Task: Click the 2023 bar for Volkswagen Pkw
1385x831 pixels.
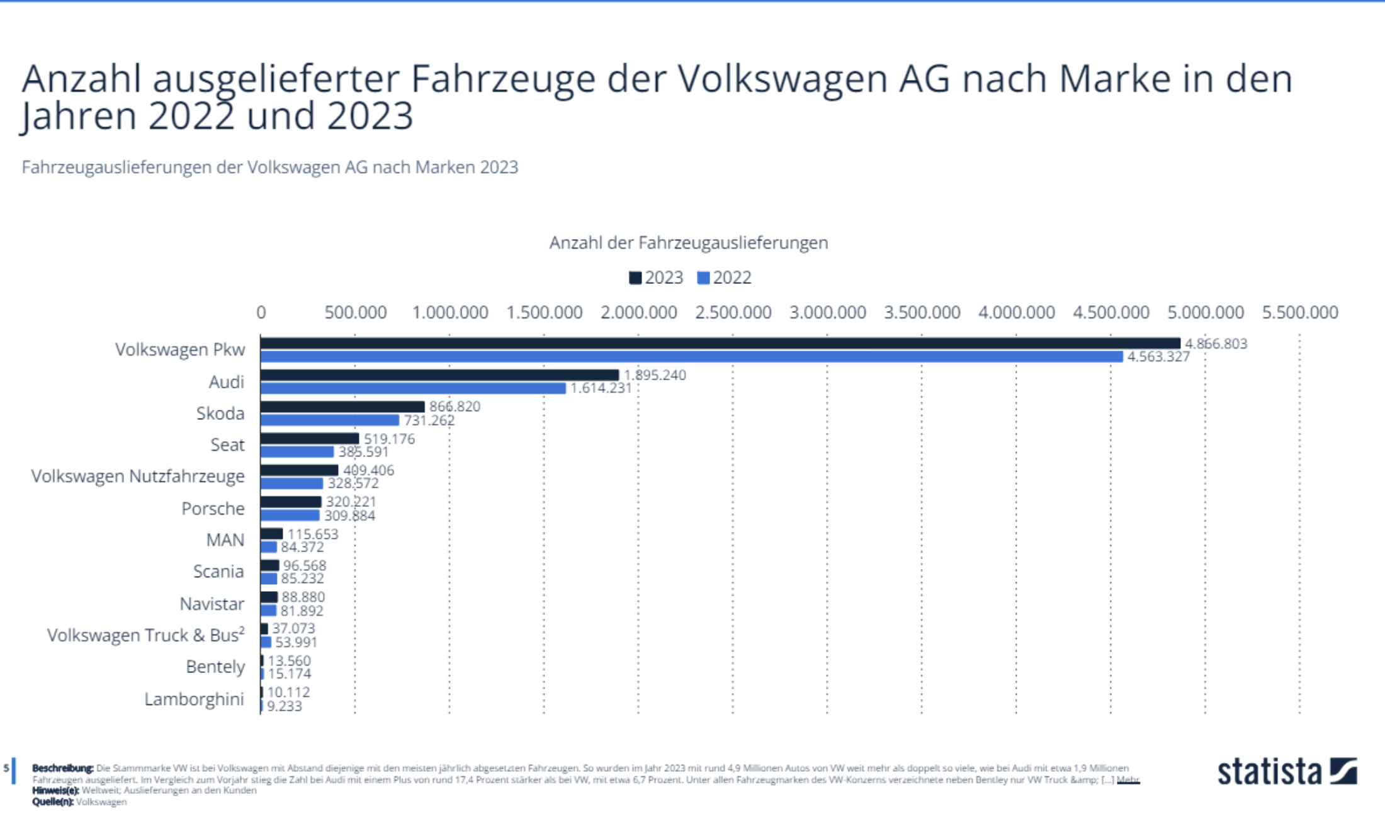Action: click(x=720, y=343)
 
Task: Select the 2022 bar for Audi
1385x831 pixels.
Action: click(x=413, y=388)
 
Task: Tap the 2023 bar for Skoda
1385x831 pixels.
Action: click(x=342, y=407)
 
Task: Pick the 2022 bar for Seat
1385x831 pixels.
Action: click(x=297, y=452)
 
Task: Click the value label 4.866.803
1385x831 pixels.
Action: click(x=1216, y=344)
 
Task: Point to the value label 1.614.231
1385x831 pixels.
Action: click(x=601, y=388)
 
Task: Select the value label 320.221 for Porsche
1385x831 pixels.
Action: click(x=351, y=502)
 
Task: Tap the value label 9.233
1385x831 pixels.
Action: click(x=285, y=706)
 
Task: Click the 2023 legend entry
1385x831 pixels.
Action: click(x=656, y=278)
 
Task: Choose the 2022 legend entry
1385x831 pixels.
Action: click(x=725, y=278)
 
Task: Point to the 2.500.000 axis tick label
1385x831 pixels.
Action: click(x=733, y=312)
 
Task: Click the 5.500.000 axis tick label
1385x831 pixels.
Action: click(x=1299, y=312)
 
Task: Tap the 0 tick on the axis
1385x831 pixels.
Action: click(x=261, y=312)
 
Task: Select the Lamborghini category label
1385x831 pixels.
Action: click(x=194, y=699)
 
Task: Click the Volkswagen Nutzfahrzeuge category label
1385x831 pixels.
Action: click(x=138, y=476)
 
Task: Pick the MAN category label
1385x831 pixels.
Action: click(x=225, y=540)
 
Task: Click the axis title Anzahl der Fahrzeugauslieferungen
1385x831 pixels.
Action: click(x=688, y=243)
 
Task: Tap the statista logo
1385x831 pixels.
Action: click(x=1287, y=772)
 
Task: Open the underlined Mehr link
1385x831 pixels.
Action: click(x=1128, y=780)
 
